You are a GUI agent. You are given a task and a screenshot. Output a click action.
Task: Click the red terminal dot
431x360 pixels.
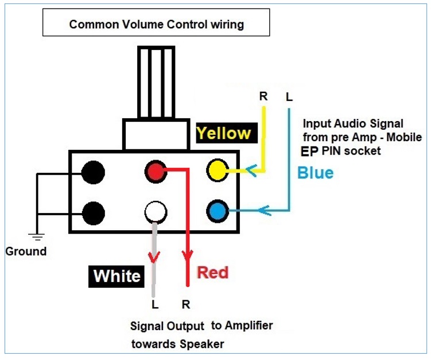(156, 172)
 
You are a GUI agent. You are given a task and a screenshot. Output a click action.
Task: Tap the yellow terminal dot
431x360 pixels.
(218, 170)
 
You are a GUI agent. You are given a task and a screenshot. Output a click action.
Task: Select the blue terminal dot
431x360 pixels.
(218, 211)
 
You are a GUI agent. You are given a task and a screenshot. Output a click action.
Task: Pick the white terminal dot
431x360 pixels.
(156, 212)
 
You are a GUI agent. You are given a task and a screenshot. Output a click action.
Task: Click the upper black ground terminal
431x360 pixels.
(93, 172)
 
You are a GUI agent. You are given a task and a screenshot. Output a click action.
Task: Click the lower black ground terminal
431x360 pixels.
(94, 213)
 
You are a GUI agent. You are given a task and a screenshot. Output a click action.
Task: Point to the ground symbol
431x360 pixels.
(37, 237)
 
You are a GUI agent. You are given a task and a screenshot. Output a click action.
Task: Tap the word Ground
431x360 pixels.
(26, 251)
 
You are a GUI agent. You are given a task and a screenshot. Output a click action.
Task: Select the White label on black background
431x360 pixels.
(117, 276)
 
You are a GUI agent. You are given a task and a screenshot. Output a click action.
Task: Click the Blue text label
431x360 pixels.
(315, 173)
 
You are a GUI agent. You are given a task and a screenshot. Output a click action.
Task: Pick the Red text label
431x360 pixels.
(213, 273)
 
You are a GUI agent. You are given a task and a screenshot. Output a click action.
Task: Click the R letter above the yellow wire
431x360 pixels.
(263, 96)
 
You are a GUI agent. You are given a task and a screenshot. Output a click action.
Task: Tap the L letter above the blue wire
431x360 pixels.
(289, 97)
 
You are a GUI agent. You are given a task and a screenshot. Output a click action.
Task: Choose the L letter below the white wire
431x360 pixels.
(155, 304)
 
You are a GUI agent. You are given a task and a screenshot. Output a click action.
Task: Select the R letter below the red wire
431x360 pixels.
(186, 304)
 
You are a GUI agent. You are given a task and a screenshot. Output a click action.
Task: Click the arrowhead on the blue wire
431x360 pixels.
(265, 210)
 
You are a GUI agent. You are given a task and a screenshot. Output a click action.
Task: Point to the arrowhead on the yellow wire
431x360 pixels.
(251, 171)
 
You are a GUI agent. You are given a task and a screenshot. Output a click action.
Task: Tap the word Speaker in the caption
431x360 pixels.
(202, 344)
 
